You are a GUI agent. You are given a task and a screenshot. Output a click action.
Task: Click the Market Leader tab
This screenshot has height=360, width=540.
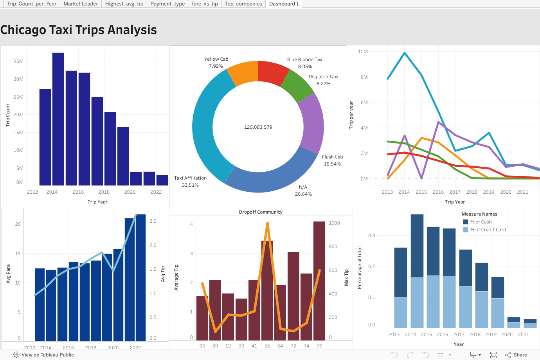(81, 4)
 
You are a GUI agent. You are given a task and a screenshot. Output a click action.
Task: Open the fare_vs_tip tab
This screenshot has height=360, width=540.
(205, 4)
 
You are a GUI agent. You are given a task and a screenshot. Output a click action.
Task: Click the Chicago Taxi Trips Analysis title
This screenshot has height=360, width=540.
(79, 30)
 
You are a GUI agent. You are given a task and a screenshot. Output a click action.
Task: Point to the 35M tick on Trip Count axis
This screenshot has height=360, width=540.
(18, 61)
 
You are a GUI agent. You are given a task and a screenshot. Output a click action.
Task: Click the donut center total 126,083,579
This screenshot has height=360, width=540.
(258, 127)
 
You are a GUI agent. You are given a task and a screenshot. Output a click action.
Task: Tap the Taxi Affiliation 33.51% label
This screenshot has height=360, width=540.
(190, 182)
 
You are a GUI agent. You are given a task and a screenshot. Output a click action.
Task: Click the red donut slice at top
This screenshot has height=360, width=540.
(273, 72)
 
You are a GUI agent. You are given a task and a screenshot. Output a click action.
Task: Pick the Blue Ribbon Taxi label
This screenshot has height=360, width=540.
(305, 59)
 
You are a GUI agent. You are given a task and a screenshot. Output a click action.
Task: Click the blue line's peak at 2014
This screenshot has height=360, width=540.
(405, 53)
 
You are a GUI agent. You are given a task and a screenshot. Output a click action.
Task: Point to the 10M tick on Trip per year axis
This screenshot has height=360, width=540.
(363, 52)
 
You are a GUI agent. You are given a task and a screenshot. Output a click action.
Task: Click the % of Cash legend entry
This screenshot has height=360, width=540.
(481, 222)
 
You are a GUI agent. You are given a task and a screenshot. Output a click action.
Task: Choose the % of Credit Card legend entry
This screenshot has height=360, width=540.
(488, 230)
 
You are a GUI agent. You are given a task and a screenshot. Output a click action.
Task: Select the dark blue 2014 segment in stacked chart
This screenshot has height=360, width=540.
(417, 246)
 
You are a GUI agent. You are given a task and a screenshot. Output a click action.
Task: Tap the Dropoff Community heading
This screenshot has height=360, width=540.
(261, 212)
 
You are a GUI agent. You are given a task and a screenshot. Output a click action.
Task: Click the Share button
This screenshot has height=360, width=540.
(516, 355)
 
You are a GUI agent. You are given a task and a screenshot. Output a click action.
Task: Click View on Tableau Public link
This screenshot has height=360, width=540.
(47, 355)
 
